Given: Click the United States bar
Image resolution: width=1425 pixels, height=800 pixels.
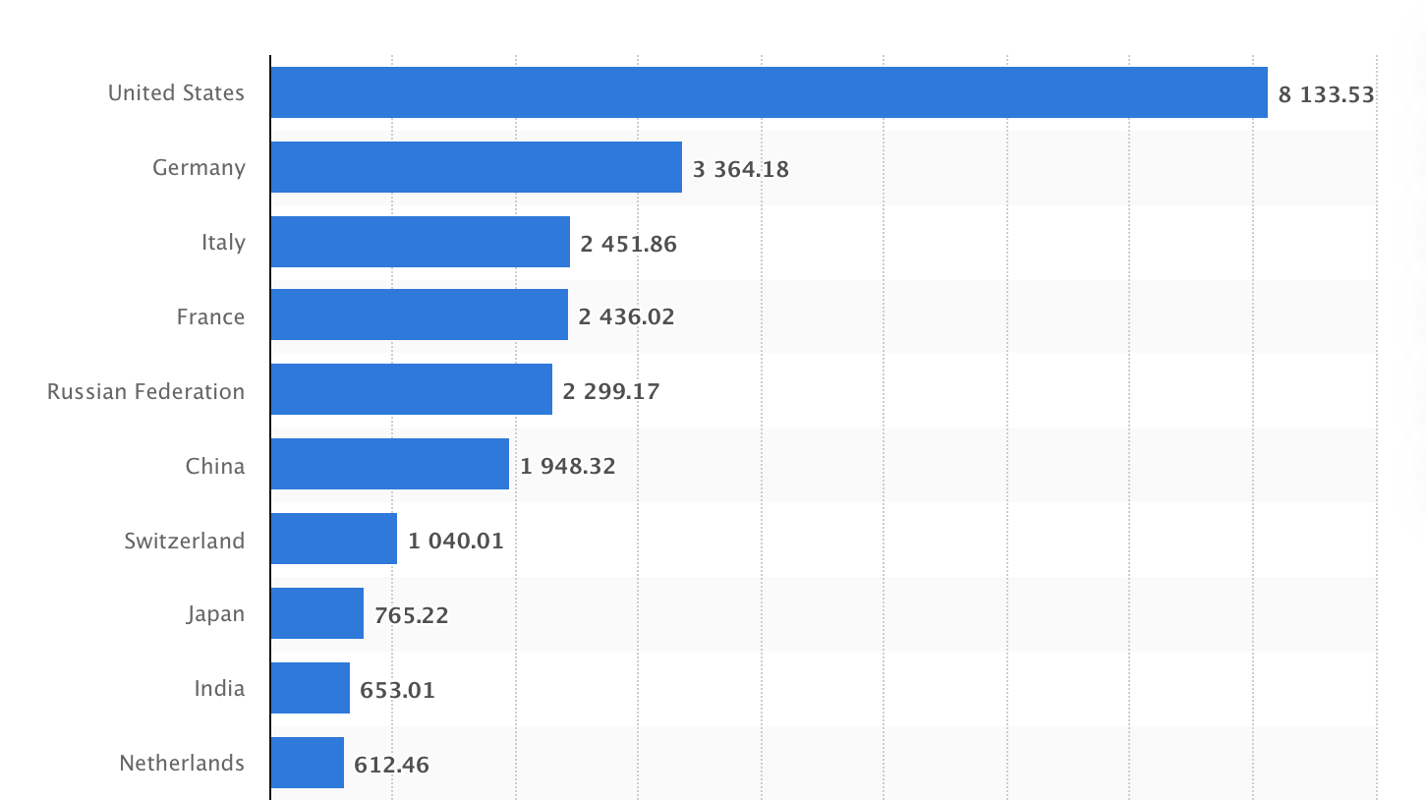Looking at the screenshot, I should [769, 92].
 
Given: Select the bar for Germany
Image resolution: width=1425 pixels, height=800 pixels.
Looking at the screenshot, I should [476, 167].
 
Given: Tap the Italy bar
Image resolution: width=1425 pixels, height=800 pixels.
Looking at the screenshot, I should [420, 242].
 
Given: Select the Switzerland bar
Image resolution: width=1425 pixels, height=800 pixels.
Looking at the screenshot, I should [333, 540].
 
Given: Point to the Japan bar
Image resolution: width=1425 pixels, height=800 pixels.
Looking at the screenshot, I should [316, 614].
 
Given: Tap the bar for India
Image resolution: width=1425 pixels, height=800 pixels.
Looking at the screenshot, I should [310, 689].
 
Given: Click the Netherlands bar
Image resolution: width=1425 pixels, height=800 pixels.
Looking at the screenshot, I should [307, 764].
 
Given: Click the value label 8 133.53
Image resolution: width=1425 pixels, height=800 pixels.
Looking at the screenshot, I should [1326, 94].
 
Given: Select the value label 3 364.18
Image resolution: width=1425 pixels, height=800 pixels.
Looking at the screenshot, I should [740, 169].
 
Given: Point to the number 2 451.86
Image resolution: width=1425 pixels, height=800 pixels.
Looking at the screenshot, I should [628, 244].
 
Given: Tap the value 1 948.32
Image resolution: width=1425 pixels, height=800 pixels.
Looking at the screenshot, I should [568, 466].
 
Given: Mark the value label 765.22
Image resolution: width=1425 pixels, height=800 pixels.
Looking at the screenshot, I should [411, 615].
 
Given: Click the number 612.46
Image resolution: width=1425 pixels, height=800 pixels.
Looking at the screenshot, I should [391, 765].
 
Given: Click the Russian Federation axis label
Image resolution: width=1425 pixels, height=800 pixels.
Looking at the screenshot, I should [145, 391].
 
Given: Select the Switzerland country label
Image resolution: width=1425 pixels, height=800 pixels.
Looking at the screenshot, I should [184, 541].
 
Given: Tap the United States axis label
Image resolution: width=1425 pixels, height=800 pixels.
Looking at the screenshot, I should [176, 92].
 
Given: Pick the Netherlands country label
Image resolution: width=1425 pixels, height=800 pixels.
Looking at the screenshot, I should [181, 763].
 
